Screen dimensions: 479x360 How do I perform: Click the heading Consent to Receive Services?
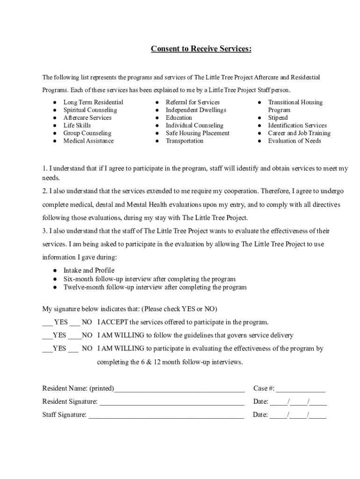[x=201, y=49]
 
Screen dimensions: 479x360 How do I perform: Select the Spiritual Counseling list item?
[x=90, y=110]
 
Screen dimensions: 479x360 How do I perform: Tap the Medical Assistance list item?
[x=88, y=141]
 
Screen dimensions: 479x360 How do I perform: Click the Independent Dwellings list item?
[x=195, y=110]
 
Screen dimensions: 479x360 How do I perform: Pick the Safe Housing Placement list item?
[x=197, y=133]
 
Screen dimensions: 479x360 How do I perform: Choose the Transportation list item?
[x=184, y=141]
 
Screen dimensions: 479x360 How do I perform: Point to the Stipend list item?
[x=278, y=118]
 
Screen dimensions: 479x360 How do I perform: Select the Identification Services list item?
[x=297, y=125]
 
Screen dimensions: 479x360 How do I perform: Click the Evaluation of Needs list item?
[x=294, y=141]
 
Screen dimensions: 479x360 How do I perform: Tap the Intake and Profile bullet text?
[x=89, y=270]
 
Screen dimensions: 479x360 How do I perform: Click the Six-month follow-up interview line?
[x=149, y=279]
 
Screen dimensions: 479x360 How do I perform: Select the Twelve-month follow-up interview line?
[x=155, y=287]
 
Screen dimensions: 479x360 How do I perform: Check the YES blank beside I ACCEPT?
[x=47, y=323]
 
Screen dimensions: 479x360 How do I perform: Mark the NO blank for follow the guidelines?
[x=75, y=336]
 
